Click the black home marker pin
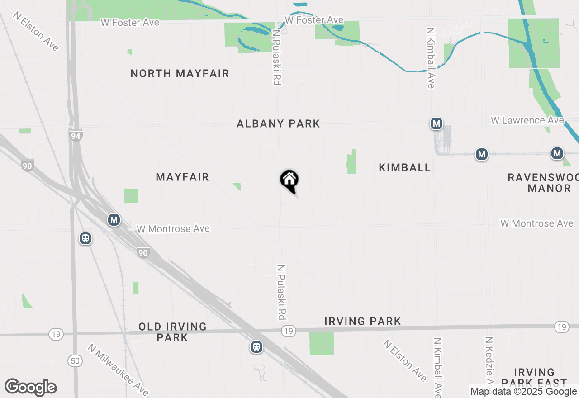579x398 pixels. (289, 180)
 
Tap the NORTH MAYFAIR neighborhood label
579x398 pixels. (180, 73)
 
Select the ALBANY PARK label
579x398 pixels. (278, 123)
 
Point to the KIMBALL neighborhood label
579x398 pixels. (404, 167)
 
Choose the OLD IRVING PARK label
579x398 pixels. (172, 332)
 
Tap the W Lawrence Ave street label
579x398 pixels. (527, 120)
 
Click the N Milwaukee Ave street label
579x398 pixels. (118, 370)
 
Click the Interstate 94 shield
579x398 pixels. (76, 135)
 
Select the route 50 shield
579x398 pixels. (75, 360)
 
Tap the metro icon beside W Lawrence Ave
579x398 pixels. (436, 123)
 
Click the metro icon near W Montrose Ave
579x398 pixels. (114, 220)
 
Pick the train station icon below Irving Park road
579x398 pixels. (256, 347)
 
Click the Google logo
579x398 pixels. (30, 388)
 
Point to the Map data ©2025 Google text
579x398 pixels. (523, 392)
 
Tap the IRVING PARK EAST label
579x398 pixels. (534, 378)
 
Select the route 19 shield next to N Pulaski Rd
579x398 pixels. (288, 332)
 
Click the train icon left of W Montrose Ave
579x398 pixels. (85, 238)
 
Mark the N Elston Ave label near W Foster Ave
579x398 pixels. (36, 32)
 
